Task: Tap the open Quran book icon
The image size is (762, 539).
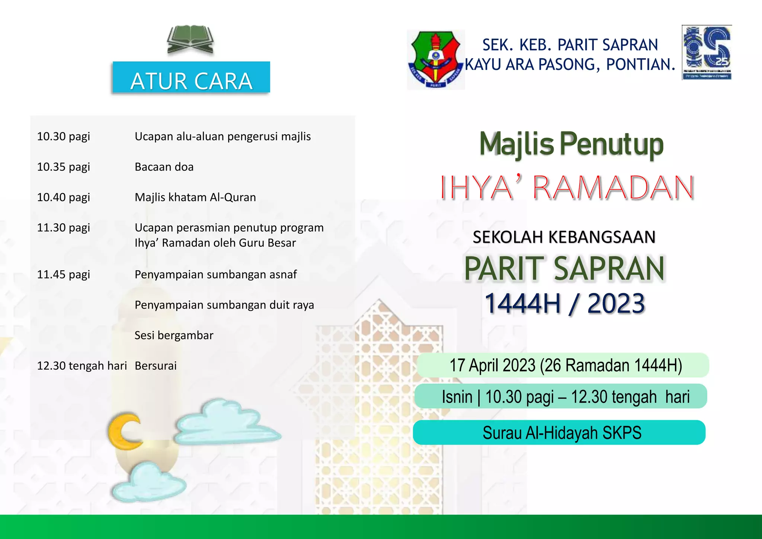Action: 190,40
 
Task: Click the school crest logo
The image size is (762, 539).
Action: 436,60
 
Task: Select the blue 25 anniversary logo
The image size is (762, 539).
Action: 707,52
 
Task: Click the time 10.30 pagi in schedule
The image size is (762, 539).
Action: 64,136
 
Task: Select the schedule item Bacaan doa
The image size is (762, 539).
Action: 164,167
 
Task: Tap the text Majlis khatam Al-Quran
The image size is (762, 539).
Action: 195,197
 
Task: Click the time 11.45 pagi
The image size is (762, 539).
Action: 64,275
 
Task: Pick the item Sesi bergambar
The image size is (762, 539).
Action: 174,335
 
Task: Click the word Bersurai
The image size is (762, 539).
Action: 156,366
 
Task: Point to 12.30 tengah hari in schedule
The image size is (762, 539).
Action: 82,366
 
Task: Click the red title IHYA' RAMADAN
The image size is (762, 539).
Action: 567,188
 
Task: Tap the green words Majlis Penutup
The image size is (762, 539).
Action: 571,144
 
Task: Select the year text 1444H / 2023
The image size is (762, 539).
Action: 564,303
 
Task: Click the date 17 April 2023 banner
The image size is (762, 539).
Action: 563,365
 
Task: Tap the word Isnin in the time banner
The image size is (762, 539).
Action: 457,397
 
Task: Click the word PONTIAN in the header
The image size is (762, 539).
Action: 640,64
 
